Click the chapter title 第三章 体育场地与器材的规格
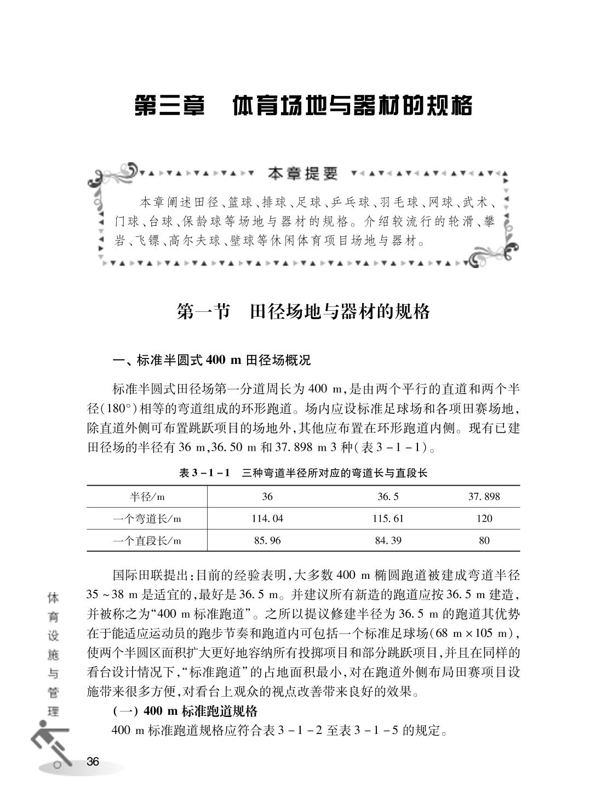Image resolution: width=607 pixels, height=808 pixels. click(x=303, y=106)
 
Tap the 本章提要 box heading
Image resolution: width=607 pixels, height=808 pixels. click(x=303, y=174)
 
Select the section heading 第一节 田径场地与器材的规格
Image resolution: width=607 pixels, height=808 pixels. click(x=303, y=311)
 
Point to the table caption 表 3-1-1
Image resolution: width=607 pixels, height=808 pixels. click(x=303, y=473)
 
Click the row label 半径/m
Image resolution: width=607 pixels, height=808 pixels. click(x=147, y=497)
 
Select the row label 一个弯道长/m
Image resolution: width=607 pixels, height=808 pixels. click(x=147, y=519)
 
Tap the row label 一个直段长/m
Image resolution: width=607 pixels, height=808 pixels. click(x=147, y=540)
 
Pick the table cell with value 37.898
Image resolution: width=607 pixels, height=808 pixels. click(x=484, y=497)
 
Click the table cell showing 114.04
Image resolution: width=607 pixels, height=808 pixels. click(x=267, y=519)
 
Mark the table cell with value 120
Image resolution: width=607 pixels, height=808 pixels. click(x=484, y=519)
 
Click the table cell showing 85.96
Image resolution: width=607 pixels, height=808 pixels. click(x=267, y=540)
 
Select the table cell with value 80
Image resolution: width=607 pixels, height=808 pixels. click(x=484, y=540)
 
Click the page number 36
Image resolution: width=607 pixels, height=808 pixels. click(x=93, y=761)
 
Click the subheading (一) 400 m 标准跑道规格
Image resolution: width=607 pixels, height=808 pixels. click(x=185, y=712)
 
